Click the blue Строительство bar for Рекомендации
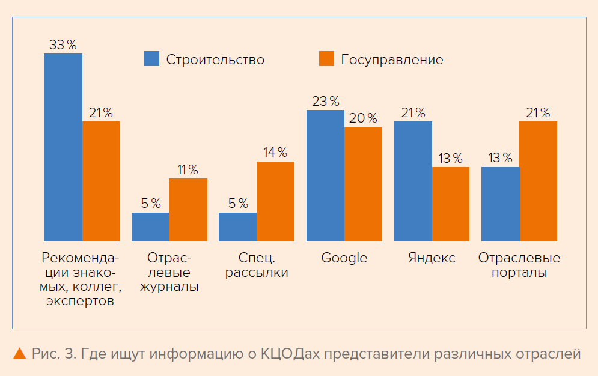tap(63, 147)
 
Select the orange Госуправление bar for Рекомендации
tap(101, 181)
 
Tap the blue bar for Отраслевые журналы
tap(150, 226)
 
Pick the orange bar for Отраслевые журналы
tap(188, 210)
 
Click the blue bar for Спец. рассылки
tap(237, 226)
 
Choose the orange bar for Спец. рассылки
tap(275, 201)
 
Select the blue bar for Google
tap(325, 175)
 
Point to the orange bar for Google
tap(363, 184)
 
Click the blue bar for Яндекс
tap(413, 181)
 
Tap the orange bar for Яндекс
tap(451, 204)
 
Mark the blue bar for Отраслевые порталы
tap(501, 204)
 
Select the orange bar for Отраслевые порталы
tap(539, 181)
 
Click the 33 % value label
tap(63, 45)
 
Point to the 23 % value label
tap(325, 101)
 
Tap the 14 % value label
tap(275, 153)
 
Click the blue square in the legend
tap(151, 59)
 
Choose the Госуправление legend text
tap(392, 59)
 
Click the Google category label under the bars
tap(344, 258)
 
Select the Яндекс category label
tap(432, 258)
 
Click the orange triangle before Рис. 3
tap(19, 353)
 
